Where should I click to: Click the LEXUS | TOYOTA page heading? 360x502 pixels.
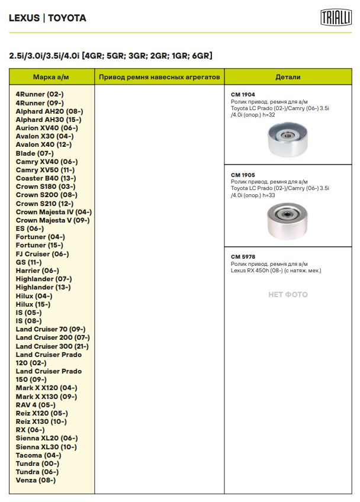coord(47,18)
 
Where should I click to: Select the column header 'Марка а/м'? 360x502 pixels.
coord(52,77)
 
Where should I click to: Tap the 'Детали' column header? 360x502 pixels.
coord(288,77)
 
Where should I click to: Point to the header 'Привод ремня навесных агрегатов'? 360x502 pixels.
coord(159,77)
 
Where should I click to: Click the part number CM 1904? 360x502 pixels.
coord(243,94)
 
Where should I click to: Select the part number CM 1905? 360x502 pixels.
coord(243,175)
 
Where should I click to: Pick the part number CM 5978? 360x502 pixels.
coord(243,256)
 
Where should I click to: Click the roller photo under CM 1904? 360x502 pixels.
coord(288,141)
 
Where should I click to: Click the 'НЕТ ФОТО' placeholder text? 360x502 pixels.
coord(288,294)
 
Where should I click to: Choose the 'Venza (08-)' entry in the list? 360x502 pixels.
coord(36,480)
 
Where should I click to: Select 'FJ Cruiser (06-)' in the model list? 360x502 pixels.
coord(42,253)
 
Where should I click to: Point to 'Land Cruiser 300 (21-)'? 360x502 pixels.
coord(52,346)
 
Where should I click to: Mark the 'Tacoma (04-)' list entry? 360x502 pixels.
coord(38,455)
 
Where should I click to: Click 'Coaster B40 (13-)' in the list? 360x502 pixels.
coord(46,178)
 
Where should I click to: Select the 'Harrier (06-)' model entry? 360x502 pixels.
coord(37,271)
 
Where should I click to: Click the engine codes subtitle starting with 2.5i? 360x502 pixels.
coord(110,56)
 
